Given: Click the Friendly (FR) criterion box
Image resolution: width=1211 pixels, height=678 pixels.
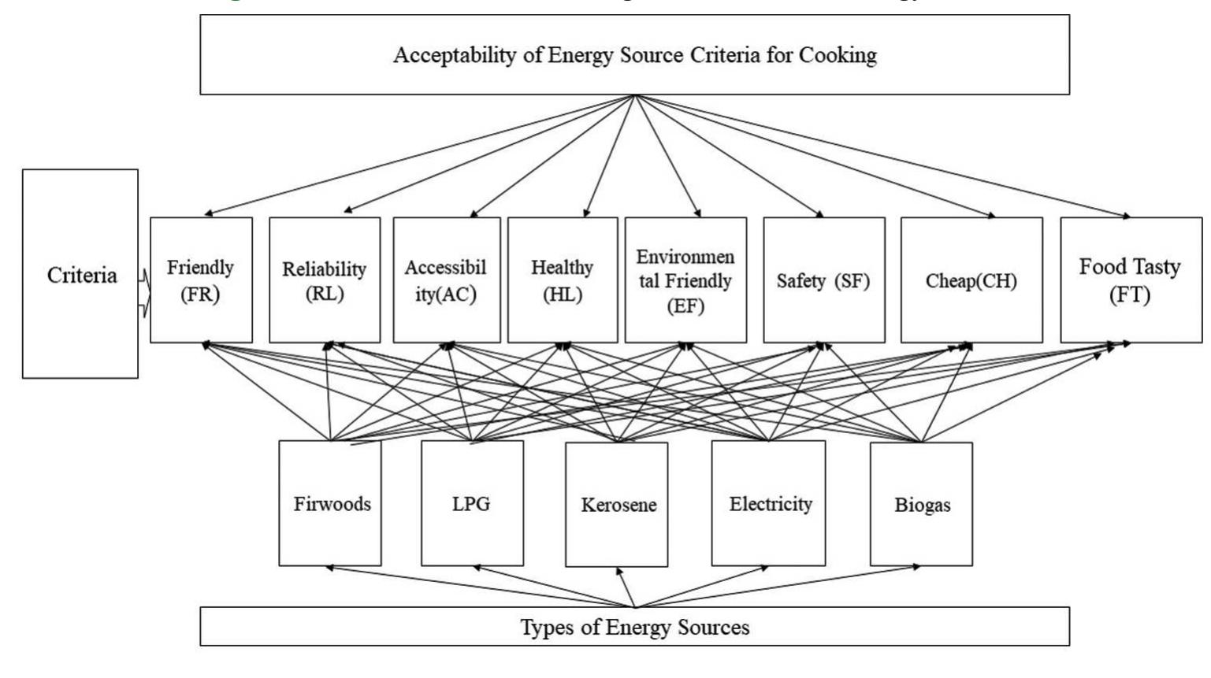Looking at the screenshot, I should tap(201, 280).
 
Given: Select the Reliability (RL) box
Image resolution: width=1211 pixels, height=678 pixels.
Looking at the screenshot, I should tap(324, 280).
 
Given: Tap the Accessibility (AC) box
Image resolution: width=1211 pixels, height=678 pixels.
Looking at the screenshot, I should tap(446, 280).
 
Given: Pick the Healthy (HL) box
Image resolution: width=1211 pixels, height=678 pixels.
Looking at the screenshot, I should tap(562, 280).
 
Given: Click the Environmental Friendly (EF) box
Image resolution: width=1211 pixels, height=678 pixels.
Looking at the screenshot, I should tap(685, 280).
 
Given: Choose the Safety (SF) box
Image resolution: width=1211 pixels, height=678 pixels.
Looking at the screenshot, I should tap(823, 280).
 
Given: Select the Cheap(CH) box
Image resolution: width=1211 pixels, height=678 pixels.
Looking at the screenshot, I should tap(971, 280).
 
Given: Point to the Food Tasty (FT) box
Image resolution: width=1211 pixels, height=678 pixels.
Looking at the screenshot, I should tap(1130, 280).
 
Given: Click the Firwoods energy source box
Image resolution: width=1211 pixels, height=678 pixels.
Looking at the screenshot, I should tap(330, 503).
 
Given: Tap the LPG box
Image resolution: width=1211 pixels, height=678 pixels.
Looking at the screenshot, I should tap(472, 503).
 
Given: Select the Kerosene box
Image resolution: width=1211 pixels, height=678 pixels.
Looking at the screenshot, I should tap(617, 504).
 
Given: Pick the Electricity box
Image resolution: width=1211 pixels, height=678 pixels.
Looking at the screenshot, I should tap(768, 503).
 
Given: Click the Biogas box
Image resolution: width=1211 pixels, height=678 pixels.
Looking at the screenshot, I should tap(921, 504).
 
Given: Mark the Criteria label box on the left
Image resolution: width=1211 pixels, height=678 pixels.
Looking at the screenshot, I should tap(80, 274).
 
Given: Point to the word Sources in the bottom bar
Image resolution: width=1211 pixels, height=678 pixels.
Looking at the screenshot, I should tap(712, 627).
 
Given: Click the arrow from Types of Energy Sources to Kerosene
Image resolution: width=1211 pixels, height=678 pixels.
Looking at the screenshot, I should tap(626, 587).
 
